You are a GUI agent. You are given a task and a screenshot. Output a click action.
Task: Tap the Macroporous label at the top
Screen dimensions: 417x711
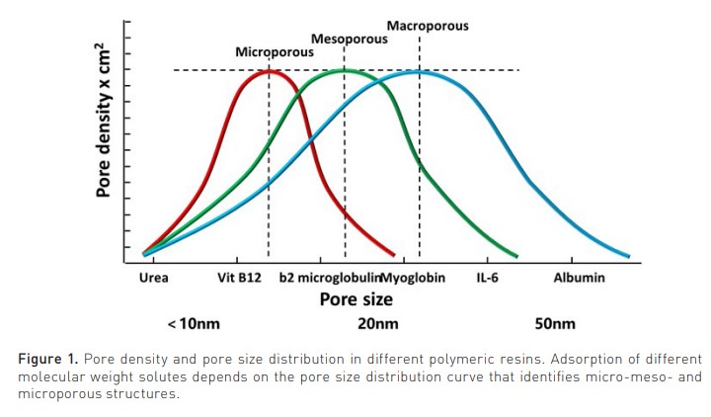(x=427, y=25)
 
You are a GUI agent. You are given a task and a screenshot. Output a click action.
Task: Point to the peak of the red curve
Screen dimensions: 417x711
(x=269, y=70)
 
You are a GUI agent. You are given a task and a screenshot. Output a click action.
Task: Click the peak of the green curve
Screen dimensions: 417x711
(x=345, y=70)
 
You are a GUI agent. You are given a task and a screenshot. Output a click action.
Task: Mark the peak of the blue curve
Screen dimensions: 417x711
(x=419, y=71)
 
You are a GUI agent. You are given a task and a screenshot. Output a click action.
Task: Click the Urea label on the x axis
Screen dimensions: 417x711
(x=153, y=278)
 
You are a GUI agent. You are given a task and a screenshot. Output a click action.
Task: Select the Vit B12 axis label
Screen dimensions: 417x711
(x=239, y=278)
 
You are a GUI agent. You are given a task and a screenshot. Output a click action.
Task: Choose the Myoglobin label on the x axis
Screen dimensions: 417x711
(x=413, y=278)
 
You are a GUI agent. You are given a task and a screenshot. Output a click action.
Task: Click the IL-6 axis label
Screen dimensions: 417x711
(x=487, y=278)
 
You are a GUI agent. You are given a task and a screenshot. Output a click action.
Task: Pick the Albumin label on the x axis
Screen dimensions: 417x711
(x=580, y=278)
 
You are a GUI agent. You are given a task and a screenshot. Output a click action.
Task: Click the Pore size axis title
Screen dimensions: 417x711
(x=356, y=298)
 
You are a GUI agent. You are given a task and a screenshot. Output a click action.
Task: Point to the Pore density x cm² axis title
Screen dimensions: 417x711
(x=103, y=122)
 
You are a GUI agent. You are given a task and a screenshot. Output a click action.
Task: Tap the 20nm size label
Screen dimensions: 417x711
(x=378, y=324)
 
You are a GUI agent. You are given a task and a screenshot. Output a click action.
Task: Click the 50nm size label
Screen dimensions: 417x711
(x=555, y=324)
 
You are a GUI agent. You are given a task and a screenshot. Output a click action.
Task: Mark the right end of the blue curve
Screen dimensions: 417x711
(x=628, y=255)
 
